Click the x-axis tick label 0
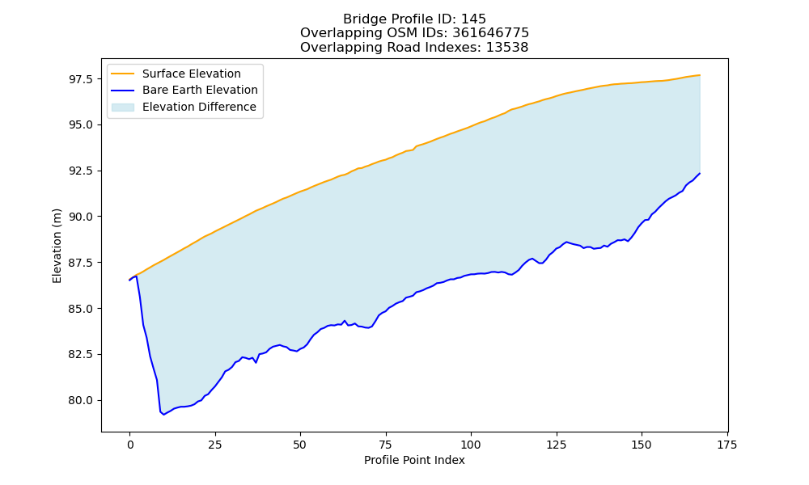129,445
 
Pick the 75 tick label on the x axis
385,445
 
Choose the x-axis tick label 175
727,445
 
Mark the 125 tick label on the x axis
557,445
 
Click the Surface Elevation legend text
192,74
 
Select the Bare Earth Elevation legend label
200,90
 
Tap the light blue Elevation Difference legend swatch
123,107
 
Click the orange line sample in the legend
123,74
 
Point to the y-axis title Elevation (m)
57,246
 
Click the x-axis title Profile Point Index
414,460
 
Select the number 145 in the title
473,19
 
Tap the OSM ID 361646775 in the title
491,33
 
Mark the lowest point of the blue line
164,415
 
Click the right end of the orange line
700,75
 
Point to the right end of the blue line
700,174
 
